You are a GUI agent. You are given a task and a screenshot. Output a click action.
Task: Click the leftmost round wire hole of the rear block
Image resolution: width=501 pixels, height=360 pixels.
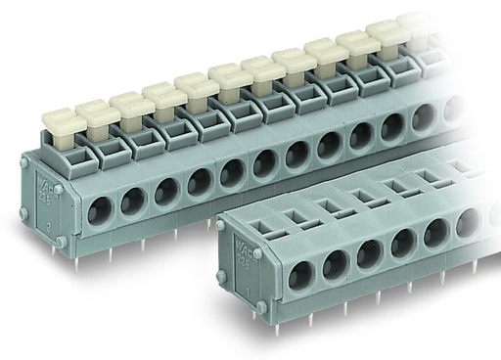point(99,209)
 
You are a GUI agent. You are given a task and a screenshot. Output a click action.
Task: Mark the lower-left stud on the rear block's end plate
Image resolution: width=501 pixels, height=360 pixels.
point(23,211)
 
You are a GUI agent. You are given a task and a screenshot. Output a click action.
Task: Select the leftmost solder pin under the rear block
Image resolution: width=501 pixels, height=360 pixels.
point(75,259)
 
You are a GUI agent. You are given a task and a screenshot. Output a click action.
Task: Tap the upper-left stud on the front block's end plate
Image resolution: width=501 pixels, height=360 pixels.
point(221,226)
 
